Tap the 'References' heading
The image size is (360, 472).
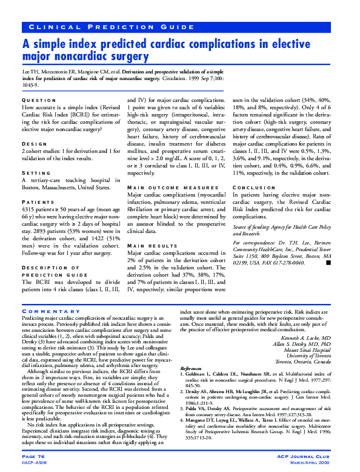click(x=192, y=368)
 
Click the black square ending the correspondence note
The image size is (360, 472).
click(x=328, y=263)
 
